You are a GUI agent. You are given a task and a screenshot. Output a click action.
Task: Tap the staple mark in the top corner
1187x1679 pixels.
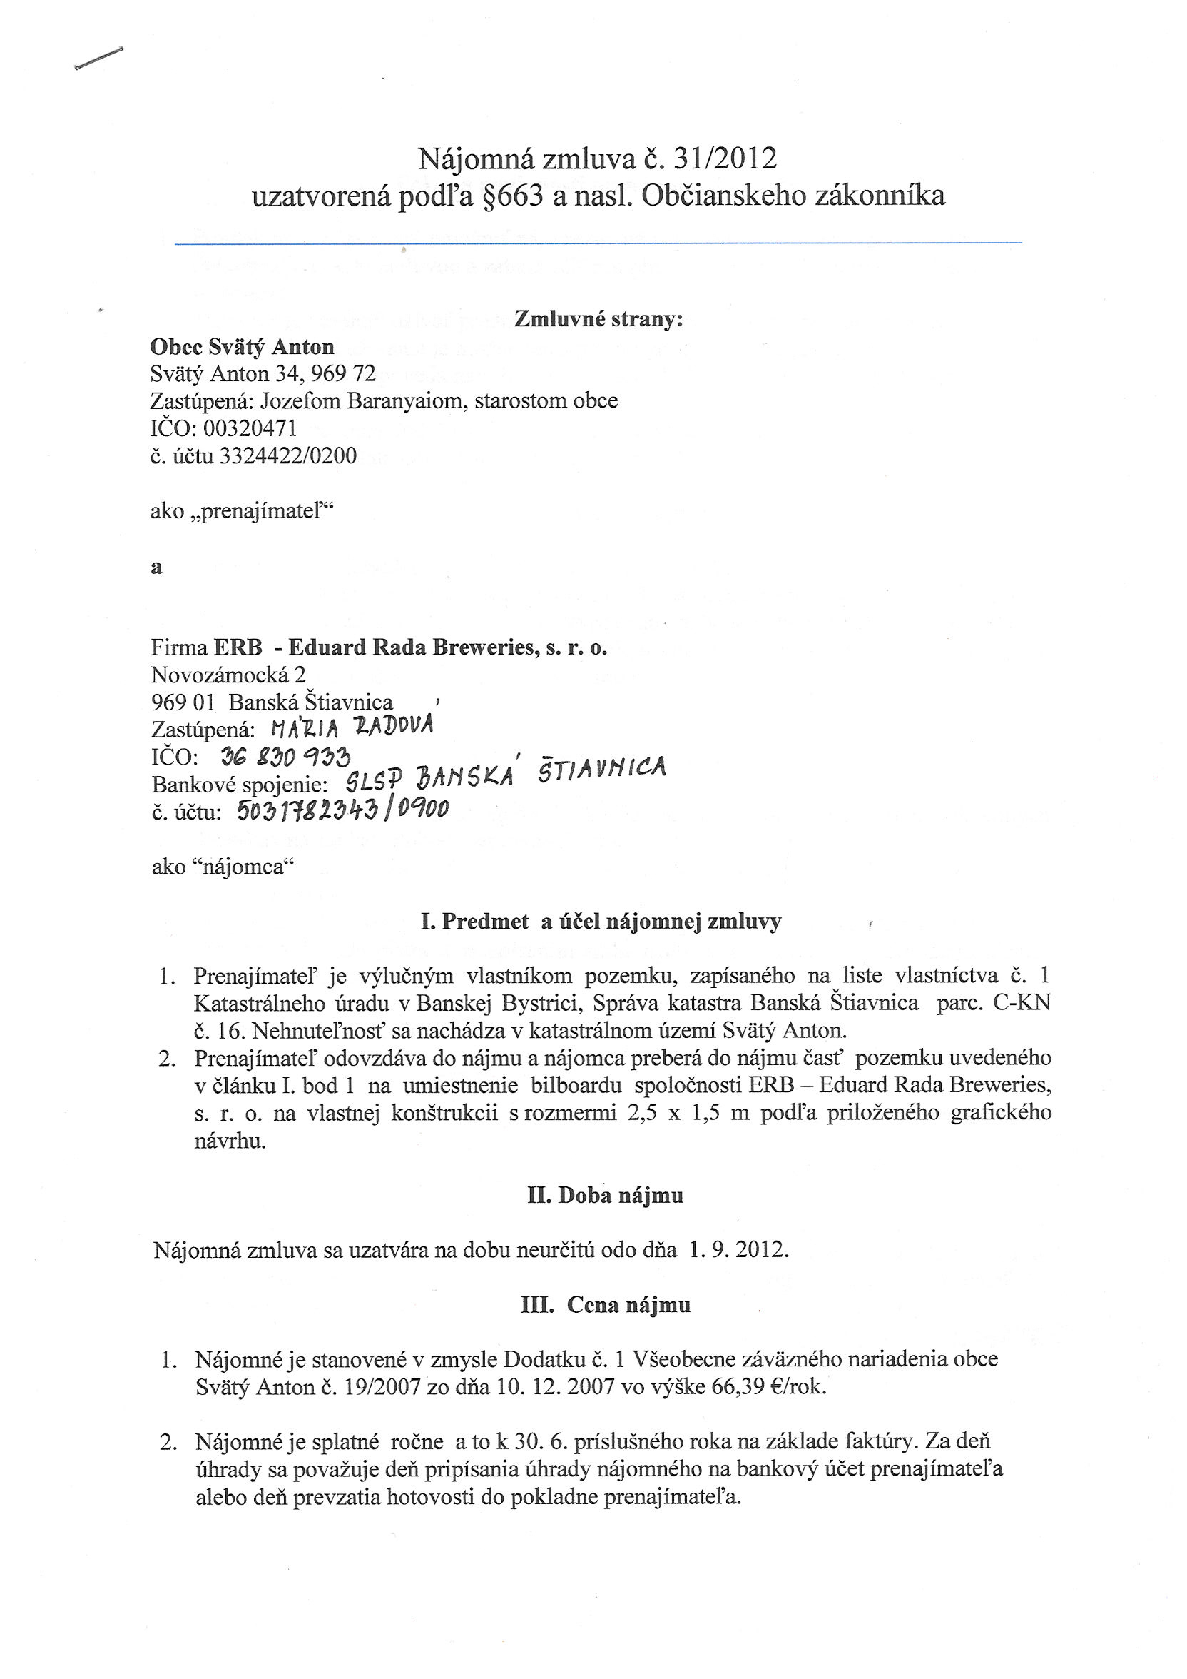(98, 59)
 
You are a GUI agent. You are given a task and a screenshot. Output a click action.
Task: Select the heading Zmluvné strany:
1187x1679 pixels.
(598, 320)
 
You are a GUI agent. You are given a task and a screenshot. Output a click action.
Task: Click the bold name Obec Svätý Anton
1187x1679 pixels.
(242, 347)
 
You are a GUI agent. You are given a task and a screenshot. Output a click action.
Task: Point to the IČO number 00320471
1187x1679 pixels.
(250, 428)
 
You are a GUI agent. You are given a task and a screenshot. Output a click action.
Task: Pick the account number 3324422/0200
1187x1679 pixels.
(288, 455)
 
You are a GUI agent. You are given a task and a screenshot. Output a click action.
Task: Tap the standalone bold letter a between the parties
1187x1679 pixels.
(156, 568)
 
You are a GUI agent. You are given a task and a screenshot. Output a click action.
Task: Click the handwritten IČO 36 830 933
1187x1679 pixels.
(285, 756)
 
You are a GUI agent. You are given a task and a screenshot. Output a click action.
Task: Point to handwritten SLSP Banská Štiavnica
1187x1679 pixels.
(505, 775)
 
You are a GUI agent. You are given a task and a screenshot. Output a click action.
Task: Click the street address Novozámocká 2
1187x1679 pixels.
(228, 674)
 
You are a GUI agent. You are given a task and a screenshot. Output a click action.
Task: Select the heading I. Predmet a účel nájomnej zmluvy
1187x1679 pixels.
(601, 922)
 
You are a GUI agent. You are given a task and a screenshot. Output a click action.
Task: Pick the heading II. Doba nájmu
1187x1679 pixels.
(605, 1196)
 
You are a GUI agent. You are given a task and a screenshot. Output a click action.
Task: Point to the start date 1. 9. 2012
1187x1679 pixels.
(738, 1250)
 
